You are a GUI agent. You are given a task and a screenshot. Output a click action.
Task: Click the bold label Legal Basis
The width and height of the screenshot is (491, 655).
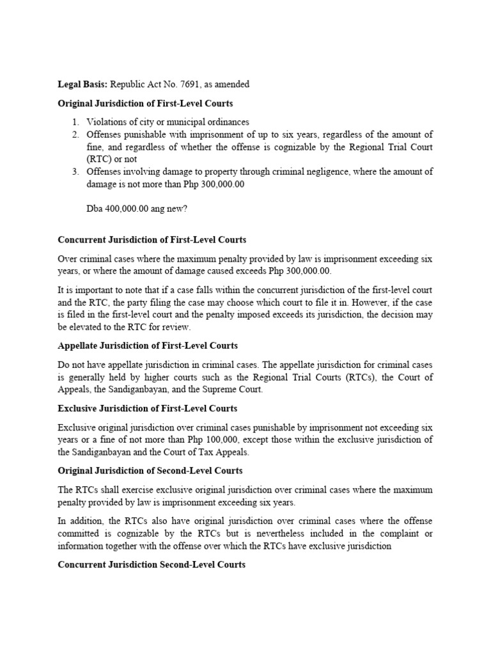pos(83,84)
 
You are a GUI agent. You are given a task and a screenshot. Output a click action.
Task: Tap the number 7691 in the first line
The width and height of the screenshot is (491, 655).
pos(194,84)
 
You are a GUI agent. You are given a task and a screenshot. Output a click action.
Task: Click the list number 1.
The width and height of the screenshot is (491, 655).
pos(75,122)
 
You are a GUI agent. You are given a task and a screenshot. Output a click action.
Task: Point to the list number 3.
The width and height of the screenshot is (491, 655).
pos(75,171)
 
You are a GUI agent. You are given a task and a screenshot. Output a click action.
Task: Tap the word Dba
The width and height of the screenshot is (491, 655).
pos(95,209)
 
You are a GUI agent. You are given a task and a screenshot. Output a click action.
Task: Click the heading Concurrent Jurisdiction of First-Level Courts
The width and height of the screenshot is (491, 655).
pos(152,240)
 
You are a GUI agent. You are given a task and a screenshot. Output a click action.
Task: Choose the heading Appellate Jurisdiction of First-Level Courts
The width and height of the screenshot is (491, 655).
pos(148,346)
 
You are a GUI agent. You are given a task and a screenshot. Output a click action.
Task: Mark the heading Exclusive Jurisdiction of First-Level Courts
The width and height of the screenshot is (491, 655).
pos(148,408)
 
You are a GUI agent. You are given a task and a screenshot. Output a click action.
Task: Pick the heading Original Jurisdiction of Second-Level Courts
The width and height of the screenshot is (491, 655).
pos(150,471)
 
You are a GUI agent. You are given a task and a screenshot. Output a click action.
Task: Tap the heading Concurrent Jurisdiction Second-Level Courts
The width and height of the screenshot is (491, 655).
pos(152,565)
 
